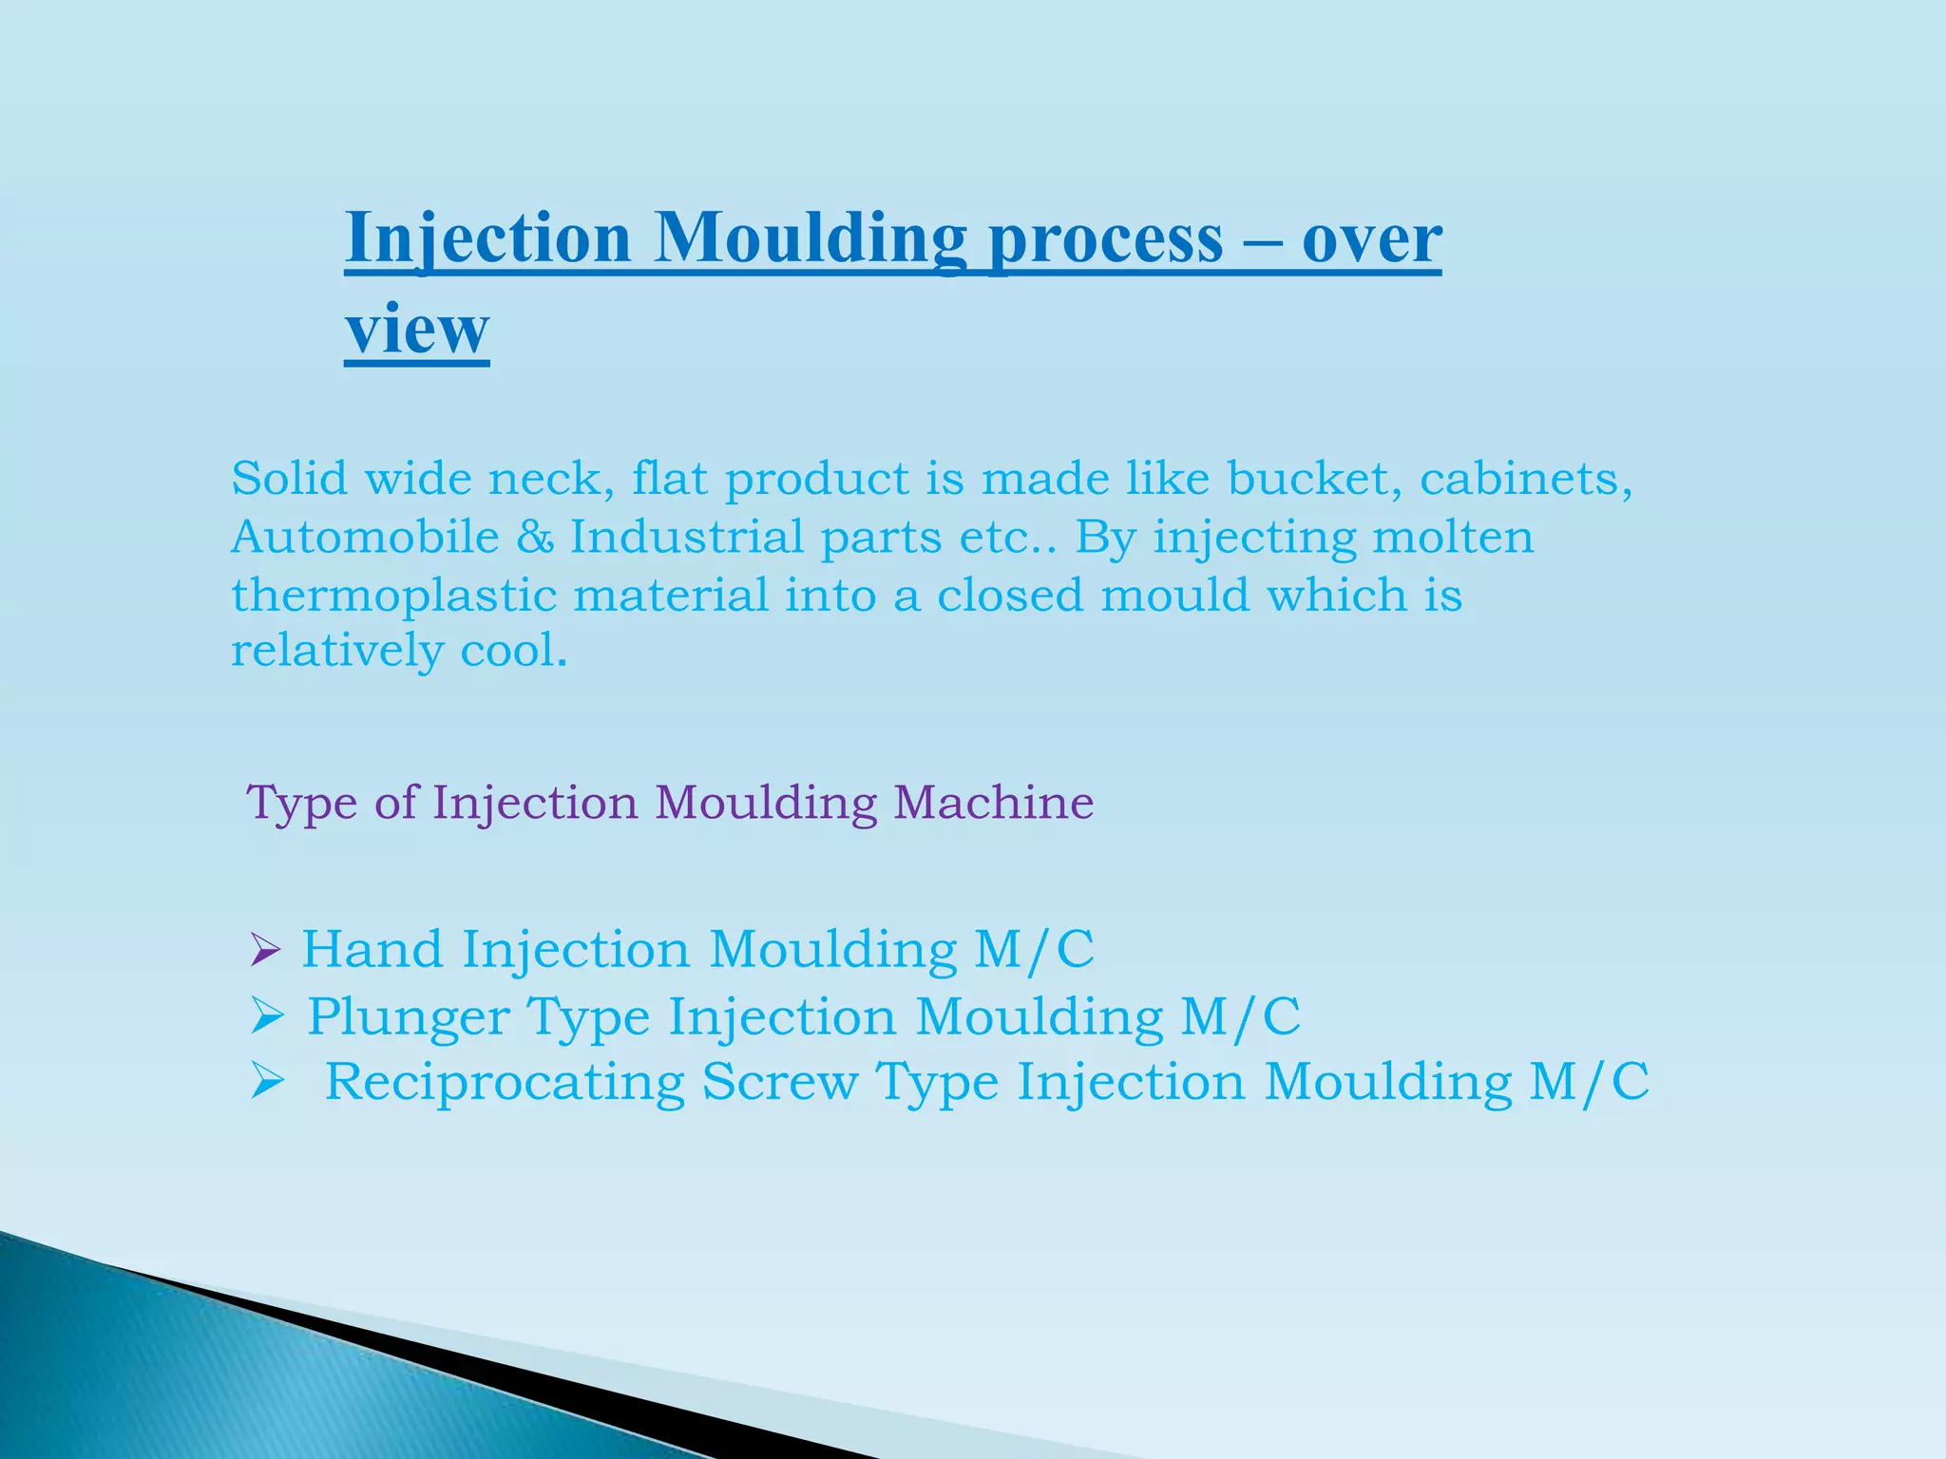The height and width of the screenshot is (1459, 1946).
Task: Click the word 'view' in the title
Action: [416, 330]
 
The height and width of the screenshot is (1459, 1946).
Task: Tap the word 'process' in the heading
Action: [1105, 239]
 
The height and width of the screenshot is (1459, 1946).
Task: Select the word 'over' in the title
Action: [1371, 239]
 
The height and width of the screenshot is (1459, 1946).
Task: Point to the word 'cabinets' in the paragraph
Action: [1525, 478]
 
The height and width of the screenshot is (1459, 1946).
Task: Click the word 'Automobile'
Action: [365, 537]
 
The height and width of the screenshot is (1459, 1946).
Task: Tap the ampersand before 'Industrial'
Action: [535, 538]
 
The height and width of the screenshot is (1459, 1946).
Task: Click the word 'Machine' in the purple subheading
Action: [993, 803]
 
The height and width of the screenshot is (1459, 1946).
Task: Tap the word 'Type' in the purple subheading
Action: [301, 803]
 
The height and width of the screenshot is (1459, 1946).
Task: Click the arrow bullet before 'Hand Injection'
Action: [264, 950]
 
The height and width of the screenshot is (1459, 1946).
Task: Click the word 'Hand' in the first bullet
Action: [372, 949]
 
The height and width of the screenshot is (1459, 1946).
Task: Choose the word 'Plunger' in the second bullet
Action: [408, 1017]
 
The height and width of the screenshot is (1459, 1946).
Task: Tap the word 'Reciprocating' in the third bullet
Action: [505, 1083]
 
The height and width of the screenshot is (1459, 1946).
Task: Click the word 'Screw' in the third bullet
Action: [779, 1082]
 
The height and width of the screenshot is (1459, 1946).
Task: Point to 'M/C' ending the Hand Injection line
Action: [1034, 949]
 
